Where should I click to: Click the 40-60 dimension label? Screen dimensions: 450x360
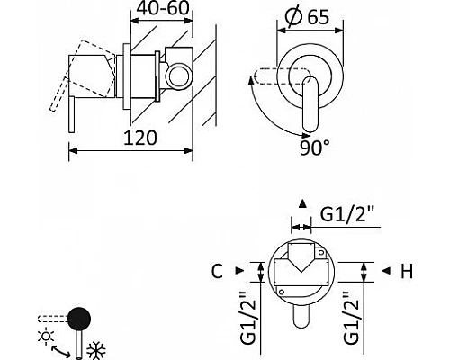pos(163,8)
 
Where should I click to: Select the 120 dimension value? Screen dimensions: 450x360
pos(140,138)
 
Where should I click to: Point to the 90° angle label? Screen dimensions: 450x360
pos(315,148)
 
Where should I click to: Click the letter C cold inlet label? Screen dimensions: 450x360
pos(217,271)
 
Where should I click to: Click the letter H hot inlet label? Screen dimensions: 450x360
pos(407,271)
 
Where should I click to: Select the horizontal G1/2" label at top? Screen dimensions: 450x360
pos(346,213)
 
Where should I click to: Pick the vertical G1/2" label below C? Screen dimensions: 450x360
pos(248,318)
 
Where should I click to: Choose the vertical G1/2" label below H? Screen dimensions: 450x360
pos(352,318)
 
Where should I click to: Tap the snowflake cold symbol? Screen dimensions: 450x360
pos(95,350)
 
